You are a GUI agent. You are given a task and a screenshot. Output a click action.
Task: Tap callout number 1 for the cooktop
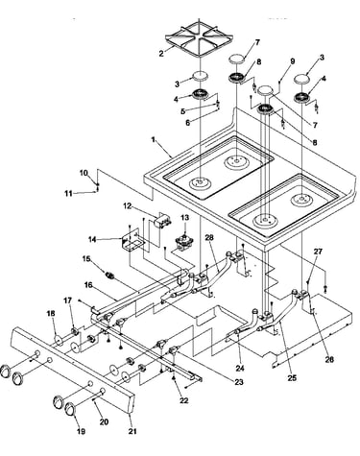154,140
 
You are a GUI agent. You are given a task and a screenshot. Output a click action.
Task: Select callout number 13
185,218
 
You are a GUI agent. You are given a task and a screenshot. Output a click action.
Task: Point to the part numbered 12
162,221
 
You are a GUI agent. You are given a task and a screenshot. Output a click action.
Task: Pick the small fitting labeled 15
110,276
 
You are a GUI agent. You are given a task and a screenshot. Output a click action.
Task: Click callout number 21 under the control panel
132,431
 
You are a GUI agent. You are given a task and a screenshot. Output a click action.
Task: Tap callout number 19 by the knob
81,431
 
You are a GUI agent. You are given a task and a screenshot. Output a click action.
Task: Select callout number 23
238,382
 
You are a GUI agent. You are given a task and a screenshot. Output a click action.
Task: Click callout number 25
292,378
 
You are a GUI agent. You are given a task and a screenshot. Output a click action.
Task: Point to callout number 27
318,252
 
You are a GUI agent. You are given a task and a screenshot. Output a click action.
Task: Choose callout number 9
293,61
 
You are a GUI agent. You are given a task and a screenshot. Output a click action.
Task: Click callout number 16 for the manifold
89,284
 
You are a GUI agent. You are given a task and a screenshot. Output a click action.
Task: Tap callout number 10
84,173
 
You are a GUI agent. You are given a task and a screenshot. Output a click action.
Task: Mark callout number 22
184,400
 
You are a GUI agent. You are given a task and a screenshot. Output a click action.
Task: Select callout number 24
240,369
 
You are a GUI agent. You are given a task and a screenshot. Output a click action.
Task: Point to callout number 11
68,193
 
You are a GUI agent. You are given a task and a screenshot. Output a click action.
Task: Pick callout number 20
104,422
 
